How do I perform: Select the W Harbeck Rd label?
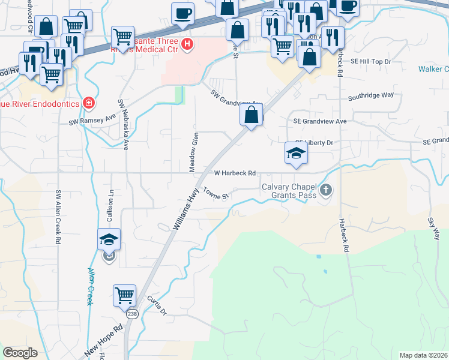[x=235, y=173]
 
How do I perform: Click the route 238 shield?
[x=132, y=314]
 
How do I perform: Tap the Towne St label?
[x=217, y=194]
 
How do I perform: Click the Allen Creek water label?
[x=90, y=286]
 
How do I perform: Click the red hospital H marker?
[x=187, y=44]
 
